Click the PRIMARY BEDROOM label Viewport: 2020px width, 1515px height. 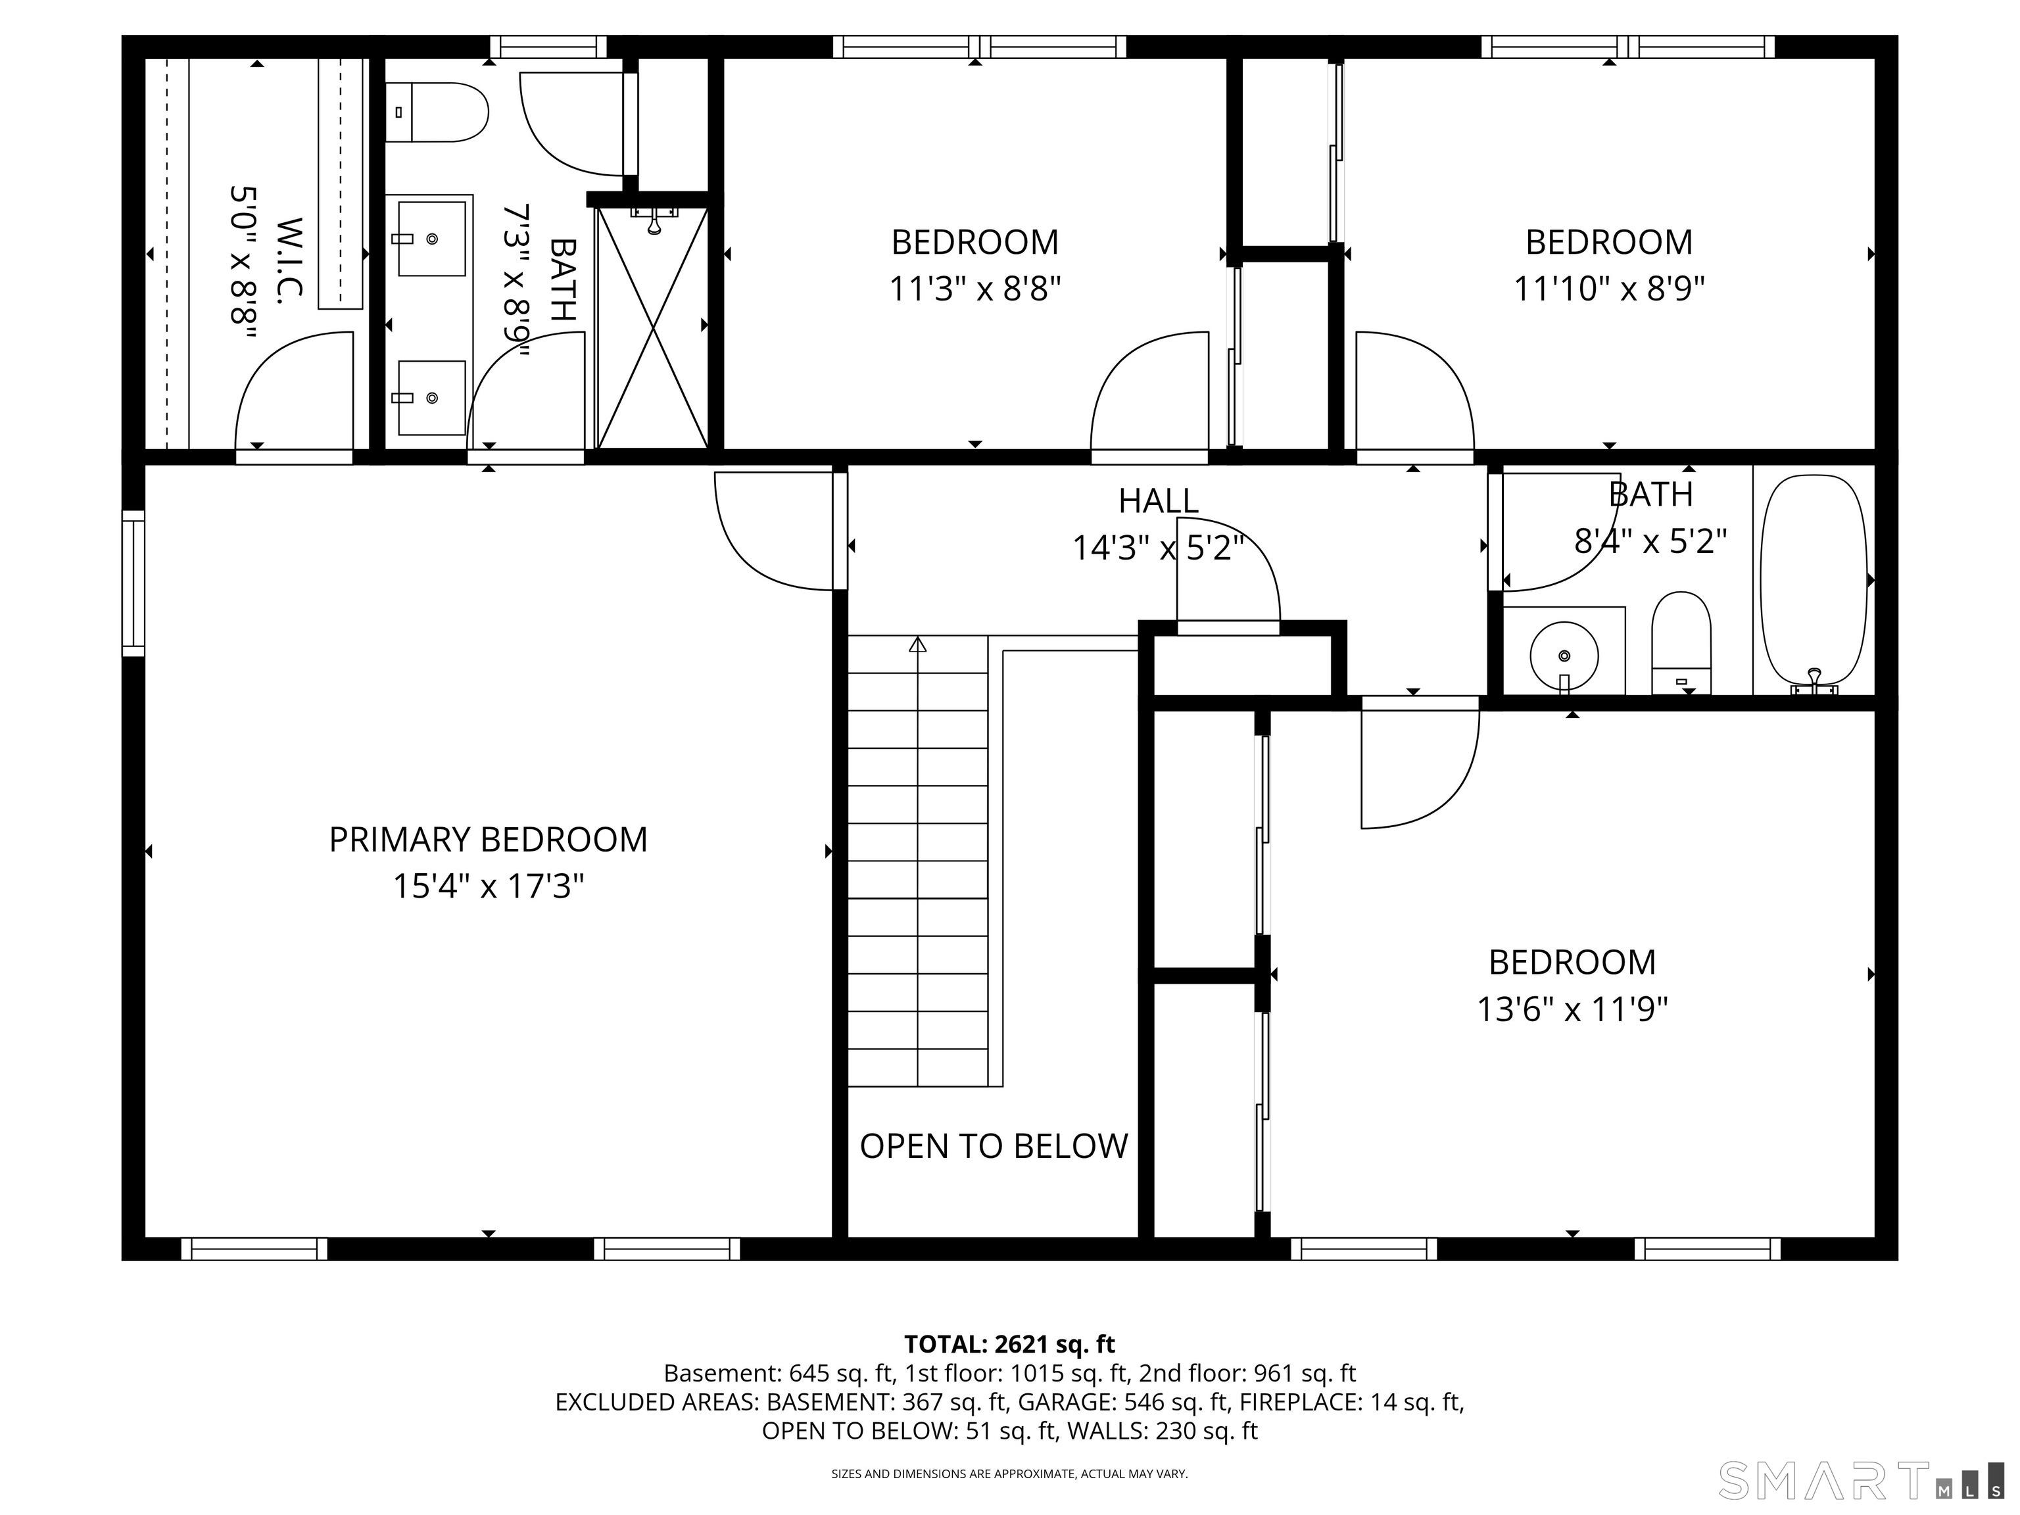coord(488,839)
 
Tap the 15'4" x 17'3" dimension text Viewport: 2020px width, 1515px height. coord(488,886)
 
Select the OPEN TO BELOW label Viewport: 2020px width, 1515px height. coord(994,1146)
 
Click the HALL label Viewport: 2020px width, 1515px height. coord(1158,500)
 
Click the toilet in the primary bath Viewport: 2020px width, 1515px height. coord(437,112)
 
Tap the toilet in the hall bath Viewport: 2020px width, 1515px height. coord(1681,642)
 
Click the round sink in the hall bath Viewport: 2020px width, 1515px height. coord(1564,656)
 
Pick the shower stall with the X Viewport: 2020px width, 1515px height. coord(652,327)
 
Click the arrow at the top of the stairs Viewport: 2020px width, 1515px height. coord(918,644)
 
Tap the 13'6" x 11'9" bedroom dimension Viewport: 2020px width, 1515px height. coord(1572,1009)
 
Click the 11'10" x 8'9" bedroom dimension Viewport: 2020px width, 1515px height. coord(1609,289)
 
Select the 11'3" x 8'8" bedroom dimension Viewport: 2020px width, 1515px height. coord(975,289)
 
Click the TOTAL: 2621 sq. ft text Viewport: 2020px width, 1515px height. coord(1009,1344)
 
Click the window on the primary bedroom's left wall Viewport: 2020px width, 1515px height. coord(133,583)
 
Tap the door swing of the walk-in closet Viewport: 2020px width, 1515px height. coord(294,390)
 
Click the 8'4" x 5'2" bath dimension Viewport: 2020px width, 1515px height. coord(1650,542)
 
